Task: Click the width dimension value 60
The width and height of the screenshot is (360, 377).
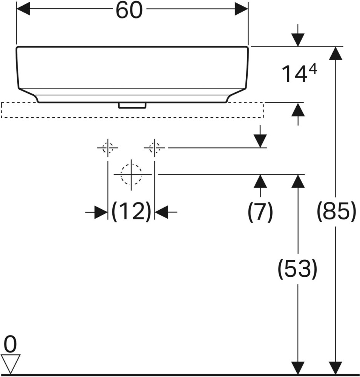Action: click(x=129, y=11)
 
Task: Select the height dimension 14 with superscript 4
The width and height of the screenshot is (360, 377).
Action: click(x=299, y=74)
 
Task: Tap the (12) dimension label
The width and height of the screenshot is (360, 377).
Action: click(x=131, y=212)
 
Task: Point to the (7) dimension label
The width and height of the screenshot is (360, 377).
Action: click(x=260, y=212)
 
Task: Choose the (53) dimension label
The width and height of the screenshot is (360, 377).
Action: click(x=298, y=269)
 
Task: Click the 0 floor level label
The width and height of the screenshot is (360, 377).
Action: click(x=11, y=344)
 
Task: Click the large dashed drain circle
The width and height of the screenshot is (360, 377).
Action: click(x=131, y=174)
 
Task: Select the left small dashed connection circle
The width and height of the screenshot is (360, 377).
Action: click(x=107, y=148)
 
